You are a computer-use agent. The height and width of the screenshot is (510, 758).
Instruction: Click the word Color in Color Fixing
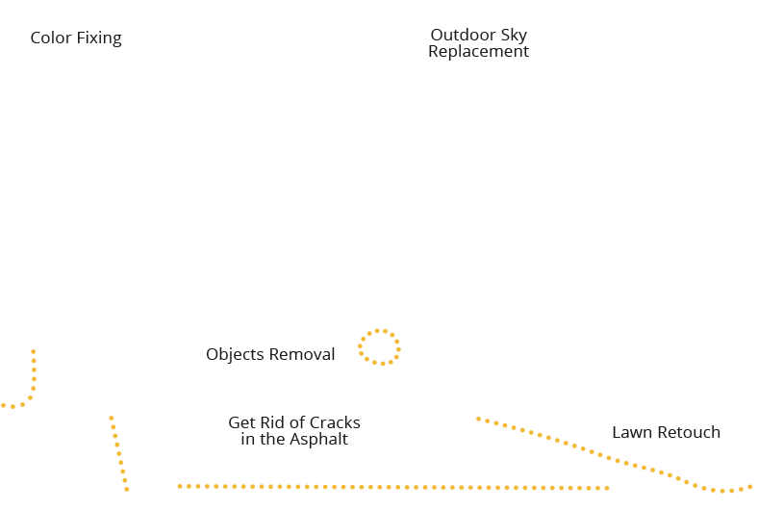click(x=52, y=38)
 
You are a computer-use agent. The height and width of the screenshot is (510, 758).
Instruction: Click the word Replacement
click(x=478, y=52)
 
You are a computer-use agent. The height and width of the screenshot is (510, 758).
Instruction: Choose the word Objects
click(x=235, y=355)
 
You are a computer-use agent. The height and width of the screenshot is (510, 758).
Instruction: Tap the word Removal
click(x=301, y=355)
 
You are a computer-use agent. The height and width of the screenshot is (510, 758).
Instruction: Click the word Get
click(x=241, y=423)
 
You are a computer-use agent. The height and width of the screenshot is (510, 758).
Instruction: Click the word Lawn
click(x=632, y=432)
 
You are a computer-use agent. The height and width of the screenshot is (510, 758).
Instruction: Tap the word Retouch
click(x=689, y=432)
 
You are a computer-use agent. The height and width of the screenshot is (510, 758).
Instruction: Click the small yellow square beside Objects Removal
click(x=378, y=347)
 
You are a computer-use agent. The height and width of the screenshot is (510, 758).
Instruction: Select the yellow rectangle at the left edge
click(x=19, y=378)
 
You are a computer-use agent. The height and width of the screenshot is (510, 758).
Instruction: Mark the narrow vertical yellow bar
click(x=119, y=452)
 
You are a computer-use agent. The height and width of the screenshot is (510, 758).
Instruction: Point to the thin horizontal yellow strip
click(x=325, y=487)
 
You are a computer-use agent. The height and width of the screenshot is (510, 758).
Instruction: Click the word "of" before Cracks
click(x=294, y=423)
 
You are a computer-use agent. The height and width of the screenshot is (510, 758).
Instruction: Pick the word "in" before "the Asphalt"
click(x=247, y=440)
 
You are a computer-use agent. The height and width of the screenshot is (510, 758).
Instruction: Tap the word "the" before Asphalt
click(x=272, y=440)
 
